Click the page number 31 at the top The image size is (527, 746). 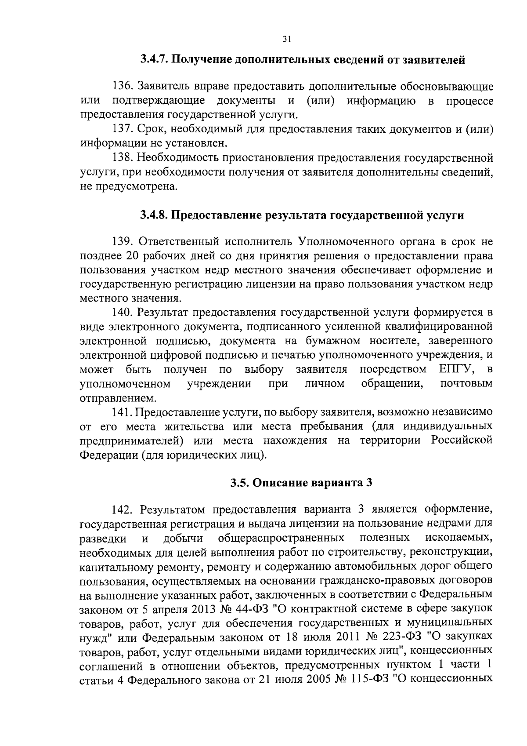pos(286,39)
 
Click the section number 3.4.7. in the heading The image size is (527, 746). pos(154,59)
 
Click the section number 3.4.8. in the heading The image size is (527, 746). pos(154,215)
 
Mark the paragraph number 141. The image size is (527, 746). pos(123,412)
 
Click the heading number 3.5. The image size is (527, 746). pos(241,482)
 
